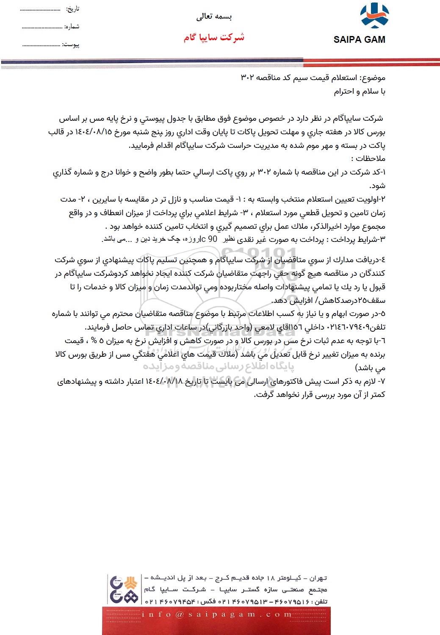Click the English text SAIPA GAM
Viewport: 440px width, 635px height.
tap(360, 40)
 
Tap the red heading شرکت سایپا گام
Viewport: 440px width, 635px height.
tap(214, 37)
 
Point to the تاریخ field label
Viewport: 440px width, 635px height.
tap(72, 8)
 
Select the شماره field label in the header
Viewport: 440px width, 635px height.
tap(72, 26)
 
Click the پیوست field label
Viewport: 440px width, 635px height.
tap(71, 44)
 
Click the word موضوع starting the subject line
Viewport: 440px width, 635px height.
tap(373, 78)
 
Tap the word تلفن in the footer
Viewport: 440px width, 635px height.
tap(321, 602)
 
